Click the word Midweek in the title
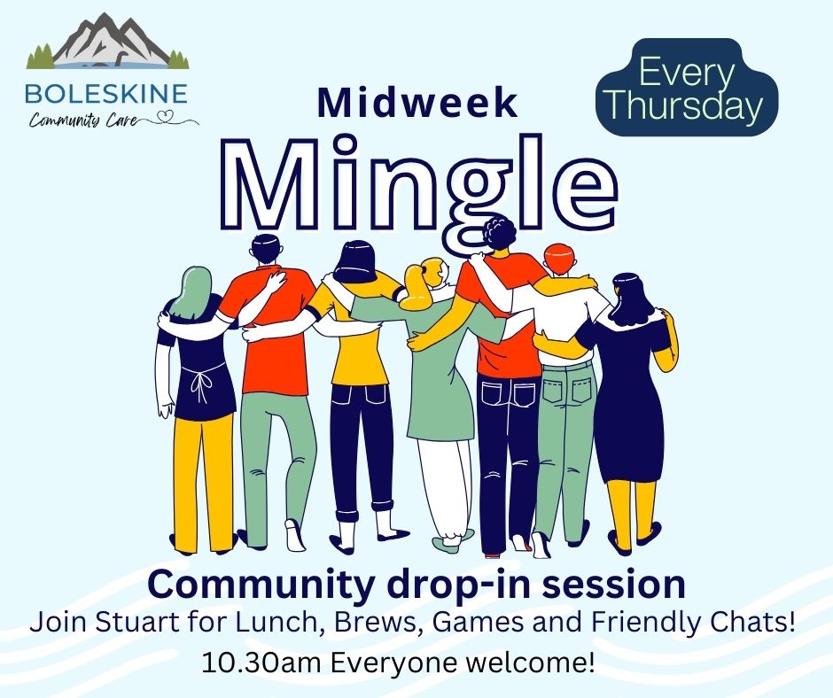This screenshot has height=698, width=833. pos(417,103)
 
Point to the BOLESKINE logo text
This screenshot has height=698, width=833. pos(106,94)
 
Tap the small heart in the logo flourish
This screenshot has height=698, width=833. pos(167,115)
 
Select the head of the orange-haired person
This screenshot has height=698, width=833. pos(560,260)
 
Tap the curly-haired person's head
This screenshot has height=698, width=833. pos(498,234)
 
